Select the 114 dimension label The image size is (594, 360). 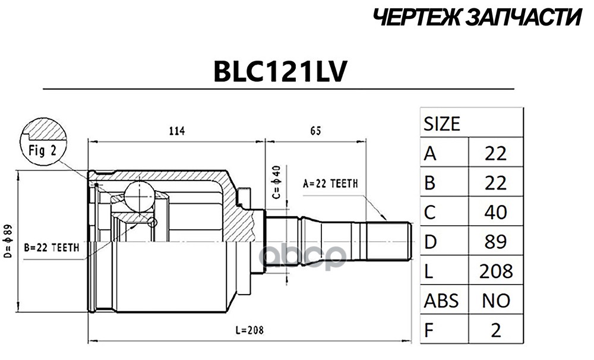(x=176, y=131)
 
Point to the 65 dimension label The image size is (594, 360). (x=315, y=131)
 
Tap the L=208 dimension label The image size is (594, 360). (x=247, y=330)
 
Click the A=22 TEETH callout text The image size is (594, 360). (x=330, y=184)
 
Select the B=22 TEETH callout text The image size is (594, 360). (x=51, y=248)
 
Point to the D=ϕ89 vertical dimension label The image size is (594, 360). (x=8, y=241)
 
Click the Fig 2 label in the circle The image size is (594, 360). (x=42, y=150)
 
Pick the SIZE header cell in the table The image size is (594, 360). (x=441, y=124)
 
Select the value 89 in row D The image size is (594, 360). (x=495, y=241)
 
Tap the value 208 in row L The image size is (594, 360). (x=495, y=271)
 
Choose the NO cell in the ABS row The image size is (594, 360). (x=495, y=300)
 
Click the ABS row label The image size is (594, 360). (x=441, y=300)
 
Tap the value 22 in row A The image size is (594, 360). (x=495, y=154)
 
